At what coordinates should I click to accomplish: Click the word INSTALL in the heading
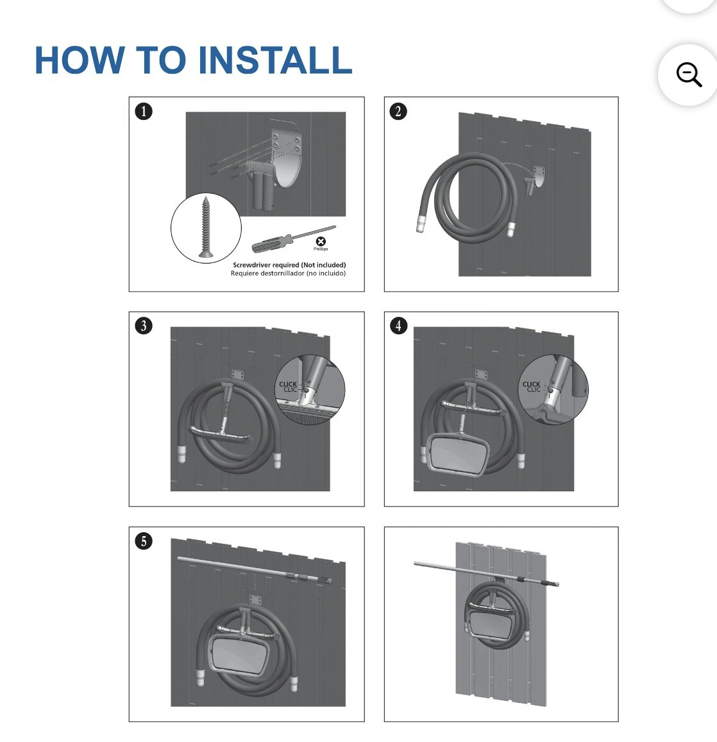[275, 60]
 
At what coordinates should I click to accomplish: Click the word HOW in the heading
[79, 60]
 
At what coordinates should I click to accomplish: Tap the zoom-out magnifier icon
[689, 75]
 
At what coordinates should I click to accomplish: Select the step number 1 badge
[144, 112]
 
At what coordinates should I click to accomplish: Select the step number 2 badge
[398, 112]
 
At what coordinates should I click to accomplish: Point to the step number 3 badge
[144, 326]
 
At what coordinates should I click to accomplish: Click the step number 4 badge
[398, 326]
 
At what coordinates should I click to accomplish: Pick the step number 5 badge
[144, 541]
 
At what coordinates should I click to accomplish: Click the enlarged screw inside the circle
[206, 228]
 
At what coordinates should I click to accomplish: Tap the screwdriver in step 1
[294, 239]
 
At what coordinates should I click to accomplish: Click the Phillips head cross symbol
[321, 241]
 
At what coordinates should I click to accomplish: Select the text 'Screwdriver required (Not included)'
[289, 265]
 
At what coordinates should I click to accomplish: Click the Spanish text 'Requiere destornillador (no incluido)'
[288, 273]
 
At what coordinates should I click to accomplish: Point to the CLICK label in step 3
[288, 384]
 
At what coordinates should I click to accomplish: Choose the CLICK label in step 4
[531, 384]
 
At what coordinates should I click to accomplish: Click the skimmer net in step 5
[239, 654]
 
